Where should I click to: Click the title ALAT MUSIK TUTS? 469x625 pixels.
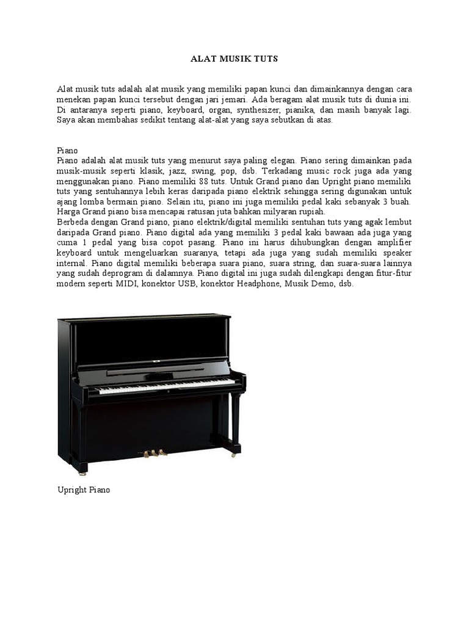[234, 59]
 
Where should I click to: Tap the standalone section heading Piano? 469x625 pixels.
[67, 150]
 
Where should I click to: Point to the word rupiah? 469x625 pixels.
[312, 212]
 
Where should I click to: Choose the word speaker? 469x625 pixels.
[395, 253]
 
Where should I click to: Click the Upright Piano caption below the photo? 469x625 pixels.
[84, 490]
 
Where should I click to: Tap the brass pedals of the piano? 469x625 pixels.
[155, 453]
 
